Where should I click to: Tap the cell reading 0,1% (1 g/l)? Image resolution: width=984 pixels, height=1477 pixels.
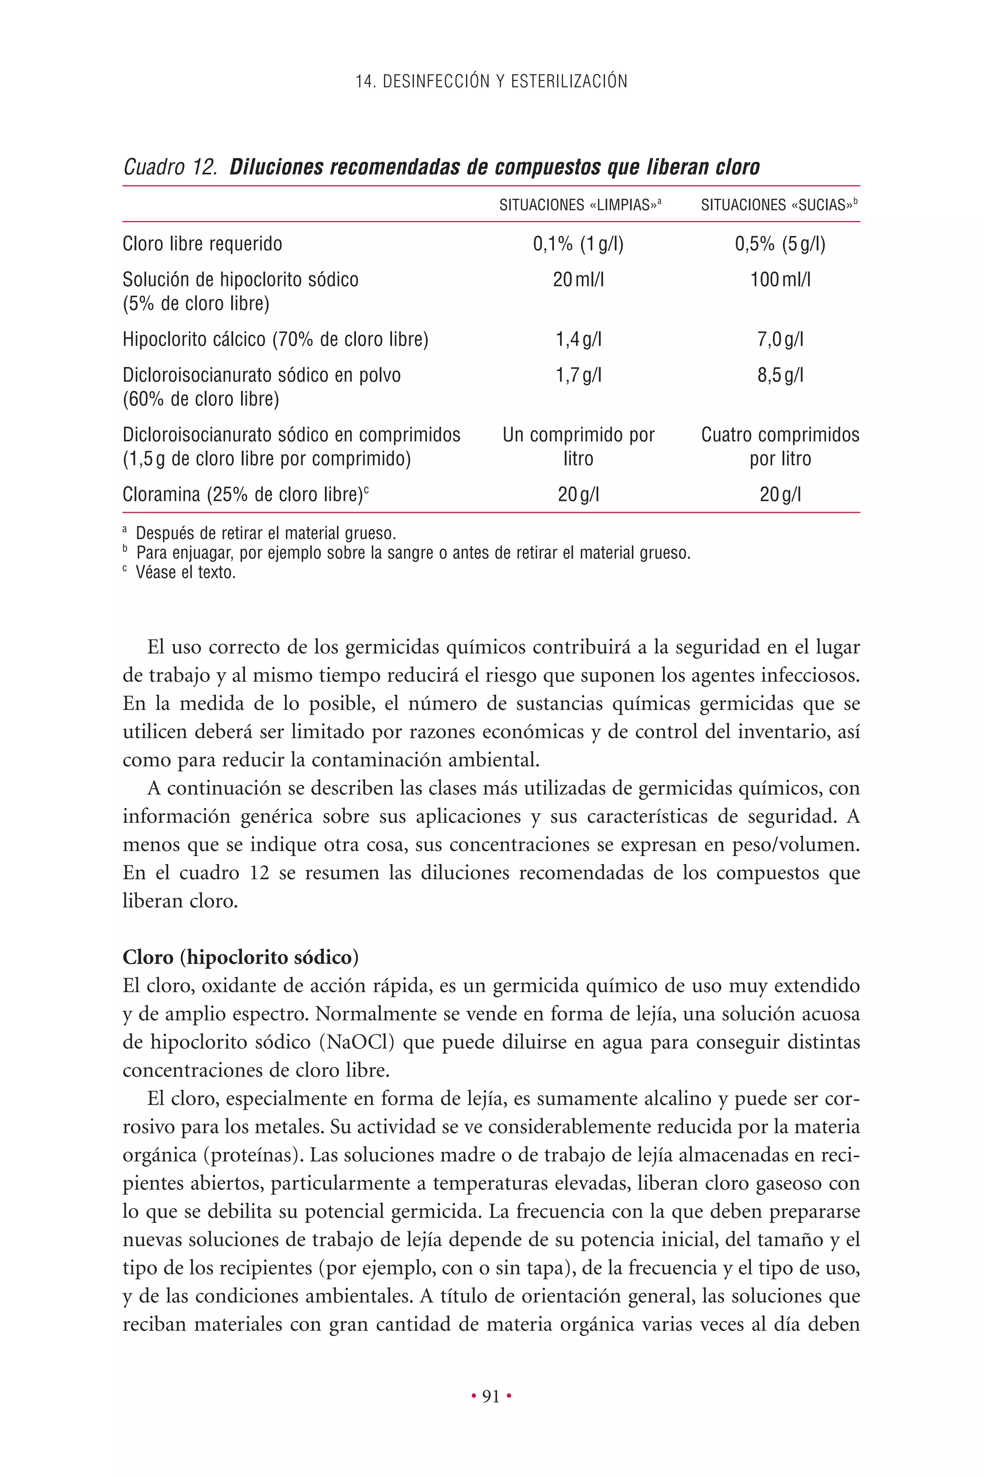tap(578, 244)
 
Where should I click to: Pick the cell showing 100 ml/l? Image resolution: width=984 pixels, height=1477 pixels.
tap(780, 279)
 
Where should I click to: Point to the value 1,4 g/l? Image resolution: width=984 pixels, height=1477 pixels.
tap(578, 340)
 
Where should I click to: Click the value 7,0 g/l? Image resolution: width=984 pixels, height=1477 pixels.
tap(780, 340)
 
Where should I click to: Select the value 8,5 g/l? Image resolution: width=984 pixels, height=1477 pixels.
tap(780, 375)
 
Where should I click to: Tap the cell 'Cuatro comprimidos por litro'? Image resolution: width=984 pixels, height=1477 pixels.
tap(780, 447)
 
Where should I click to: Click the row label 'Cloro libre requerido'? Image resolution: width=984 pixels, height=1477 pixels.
tap(202, 244)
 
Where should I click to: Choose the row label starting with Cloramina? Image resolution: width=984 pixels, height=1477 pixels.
tap(245, 495)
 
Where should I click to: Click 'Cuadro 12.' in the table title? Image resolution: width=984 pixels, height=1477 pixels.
tap(170, 167)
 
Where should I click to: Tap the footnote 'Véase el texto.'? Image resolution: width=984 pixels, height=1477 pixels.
tap(185, 572)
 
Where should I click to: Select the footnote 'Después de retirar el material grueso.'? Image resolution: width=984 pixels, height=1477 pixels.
tap(265, 534)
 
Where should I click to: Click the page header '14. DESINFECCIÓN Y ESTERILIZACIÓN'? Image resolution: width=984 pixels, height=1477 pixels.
tap(492, 82)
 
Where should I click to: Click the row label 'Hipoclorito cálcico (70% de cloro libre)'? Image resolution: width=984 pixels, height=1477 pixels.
tap(275, 340)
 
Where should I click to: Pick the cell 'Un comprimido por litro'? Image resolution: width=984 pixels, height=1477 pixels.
tap(578, 447)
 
